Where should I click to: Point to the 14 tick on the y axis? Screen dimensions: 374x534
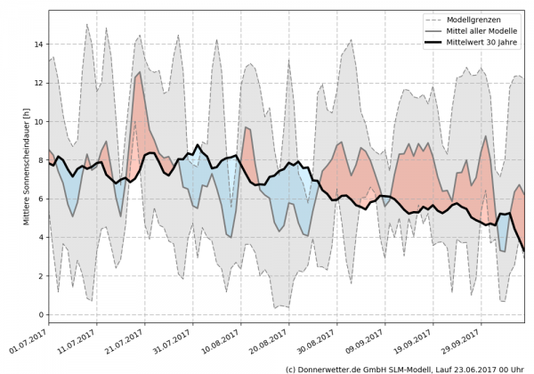pyautogui.click(x=37, y=43)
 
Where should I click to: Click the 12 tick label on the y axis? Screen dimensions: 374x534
pyautogui.click(x=37, y=82)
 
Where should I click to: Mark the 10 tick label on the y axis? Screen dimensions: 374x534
pyautogui.click(x=37, y=121)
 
